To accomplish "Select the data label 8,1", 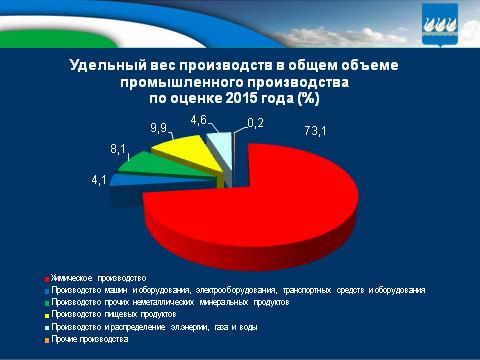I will click(x=119, y=147).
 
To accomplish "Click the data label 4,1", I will click(x=101, y=180).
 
